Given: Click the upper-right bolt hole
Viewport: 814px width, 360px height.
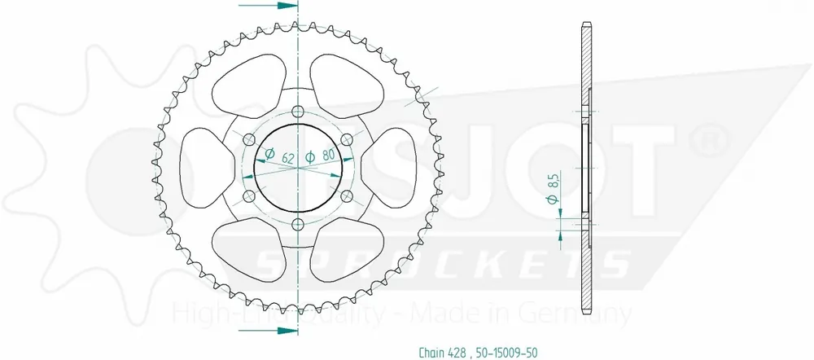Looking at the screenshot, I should pos(346,139).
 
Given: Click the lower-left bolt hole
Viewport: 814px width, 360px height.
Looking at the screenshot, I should pos(249,196).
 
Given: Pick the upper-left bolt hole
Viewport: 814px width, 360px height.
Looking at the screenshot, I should pos(249,139).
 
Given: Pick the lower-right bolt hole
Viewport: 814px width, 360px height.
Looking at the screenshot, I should pos(346,196).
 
